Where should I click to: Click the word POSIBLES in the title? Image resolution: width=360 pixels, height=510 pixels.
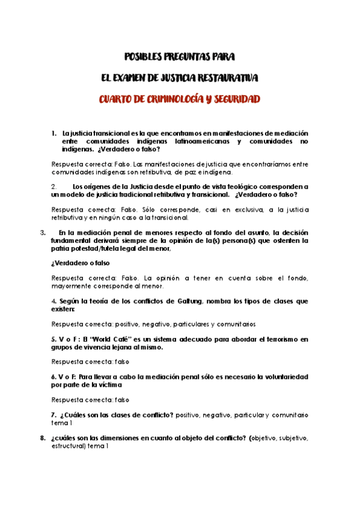tap(145, 57)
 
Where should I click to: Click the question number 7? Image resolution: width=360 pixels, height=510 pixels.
tap(54, 415)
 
